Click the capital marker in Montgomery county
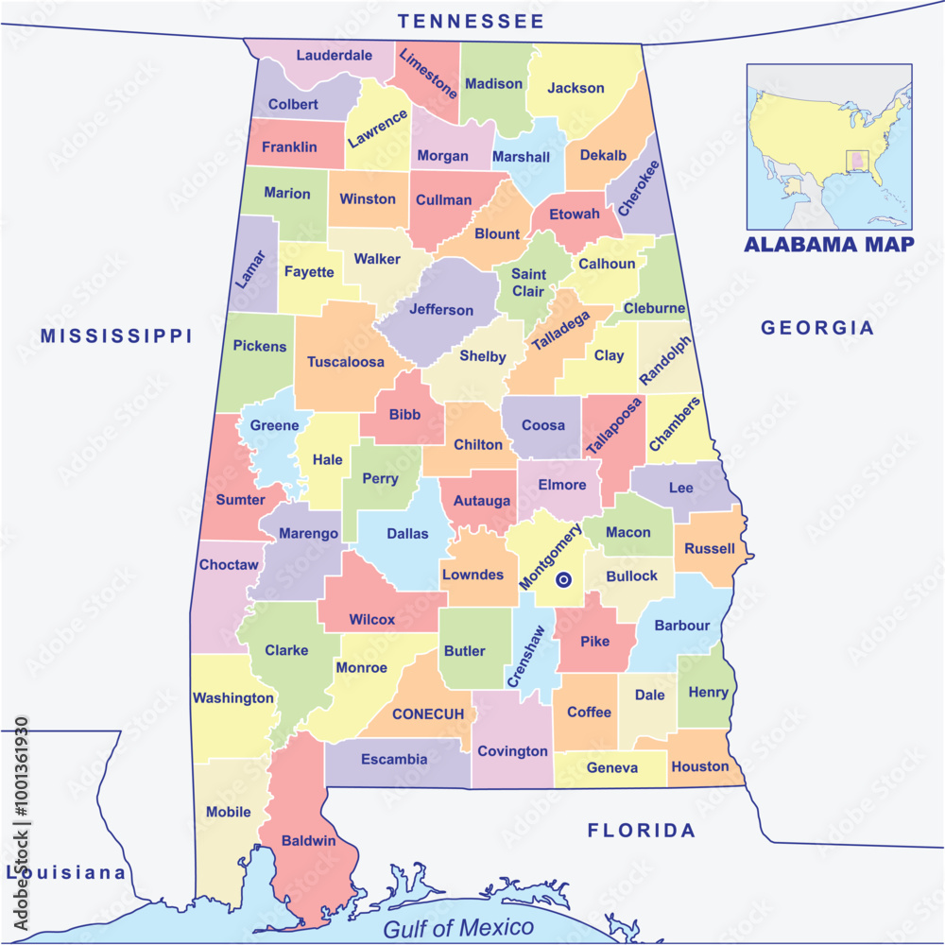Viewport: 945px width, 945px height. pos(563,580)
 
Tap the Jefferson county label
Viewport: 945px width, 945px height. pos(441,310)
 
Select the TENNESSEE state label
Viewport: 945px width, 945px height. pos(471,21)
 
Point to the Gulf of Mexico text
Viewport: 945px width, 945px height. pos(458,927)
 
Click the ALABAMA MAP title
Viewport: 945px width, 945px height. pos(829,245)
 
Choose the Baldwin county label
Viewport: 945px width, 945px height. pos(309,840)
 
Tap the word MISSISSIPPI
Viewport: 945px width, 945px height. pos(116,335)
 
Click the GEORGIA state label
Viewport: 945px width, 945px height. pos(817,328)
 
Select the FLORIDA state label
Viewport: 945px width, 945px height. pos(642,831)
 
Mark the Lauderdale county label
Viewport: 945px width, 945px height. pos(334,55)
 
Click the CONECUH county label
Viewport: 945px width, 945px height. pos(428,713)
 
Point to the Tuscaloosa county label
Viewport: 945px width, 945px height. pos(346,362)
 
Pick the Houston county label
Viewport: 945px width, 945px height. pos(700,766)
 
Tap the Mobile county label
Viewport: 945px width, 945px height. pos(229,812)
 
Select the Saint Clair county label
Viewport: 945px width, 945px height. pos(528,283)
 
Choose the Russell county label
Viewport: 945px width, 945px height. pos(710,548)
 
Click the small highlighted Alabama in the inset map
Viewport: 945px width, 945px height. pos(857,162)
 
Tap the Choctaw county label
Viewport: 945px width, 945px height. pos(229,565)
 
